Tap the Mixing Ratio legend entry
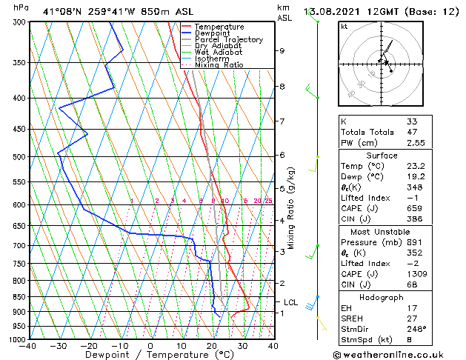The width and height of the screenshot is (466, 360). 219,65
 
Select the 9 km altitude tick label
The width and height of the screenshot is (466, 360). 282,51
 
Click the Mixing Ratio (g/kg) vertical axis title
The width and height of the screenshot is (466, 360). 292,207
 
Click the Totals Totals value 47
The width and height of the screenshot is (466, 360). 412,133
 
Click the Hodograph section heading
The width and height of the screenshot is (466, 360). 382,297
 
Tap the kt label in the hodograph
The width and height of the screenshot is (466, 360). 344,26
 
